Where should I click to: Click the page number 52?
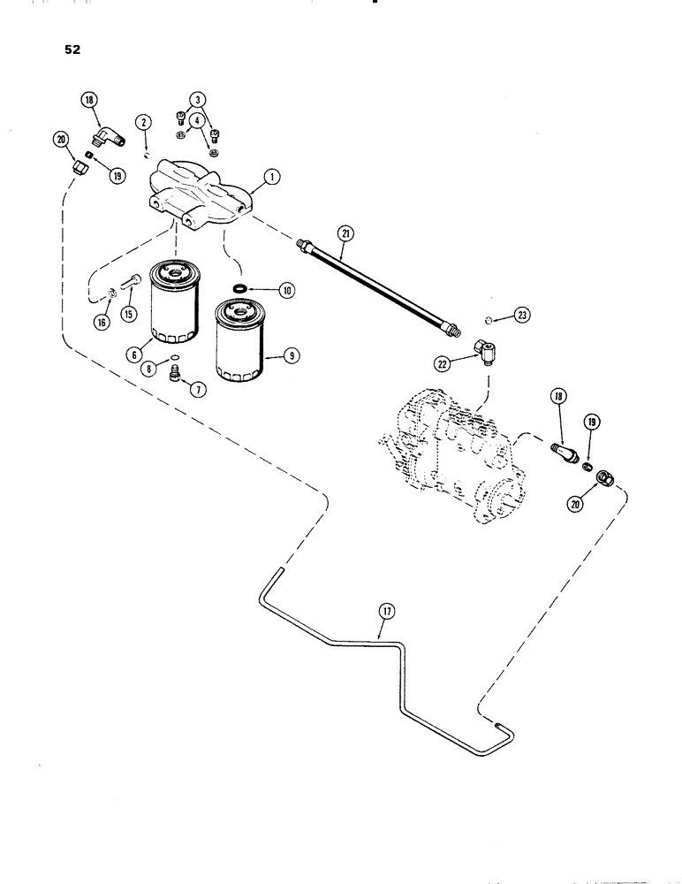click(x=72, y=50)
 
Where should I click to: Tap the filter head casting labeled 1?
click(x=199, y=187)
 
